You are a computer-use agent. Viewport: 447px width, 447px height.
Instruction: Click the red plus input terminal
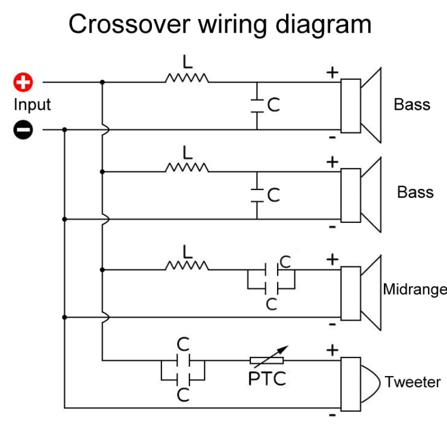23,82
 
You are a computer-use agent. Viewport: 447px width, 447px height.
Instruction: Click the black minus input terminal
23,129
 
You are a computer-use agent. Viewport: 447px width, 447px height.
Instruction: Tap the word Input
32,105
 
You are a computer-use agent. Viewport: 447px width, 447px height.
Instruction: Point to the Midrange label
414,290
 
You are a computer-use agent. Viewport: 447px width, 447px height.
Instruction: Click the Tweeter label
412,382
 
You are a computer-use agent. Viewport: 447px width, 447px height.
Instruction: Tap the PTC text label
267,378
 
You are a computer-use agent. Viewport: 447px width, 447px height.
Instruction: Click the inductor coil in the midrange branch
187,266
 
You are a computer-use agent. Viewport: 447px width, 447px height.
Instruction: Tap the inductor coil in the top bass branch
187,78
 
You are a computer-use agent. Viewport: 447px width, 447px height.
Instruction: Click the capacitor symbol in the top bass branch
257,105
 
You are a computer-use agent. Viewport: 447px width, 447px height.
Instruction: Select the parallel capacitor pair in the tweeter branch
183,370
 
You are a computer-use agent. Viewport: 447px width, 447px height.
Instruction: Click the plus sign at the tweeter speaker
332,350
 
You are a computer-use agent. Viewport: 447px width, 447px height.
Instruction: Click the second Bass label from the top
415,193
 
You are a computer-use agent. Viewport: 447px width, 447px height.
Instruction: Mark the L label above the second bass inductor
188,153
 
